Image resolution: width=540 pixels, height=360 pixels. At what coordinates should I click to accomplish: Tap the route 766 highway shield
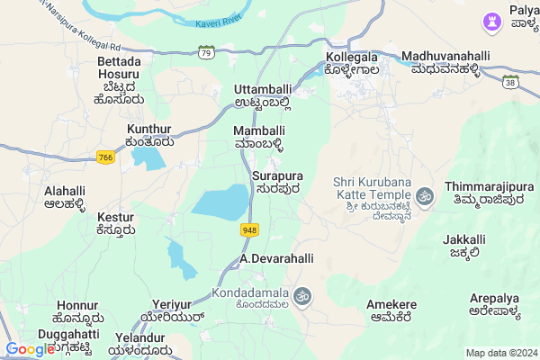106,157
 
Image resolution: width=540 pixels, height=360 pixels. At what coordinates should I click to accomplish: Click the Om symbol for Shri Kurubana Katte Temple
425,194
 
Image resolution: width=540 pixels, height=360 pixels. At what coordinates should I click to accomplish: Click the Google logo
30,349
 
